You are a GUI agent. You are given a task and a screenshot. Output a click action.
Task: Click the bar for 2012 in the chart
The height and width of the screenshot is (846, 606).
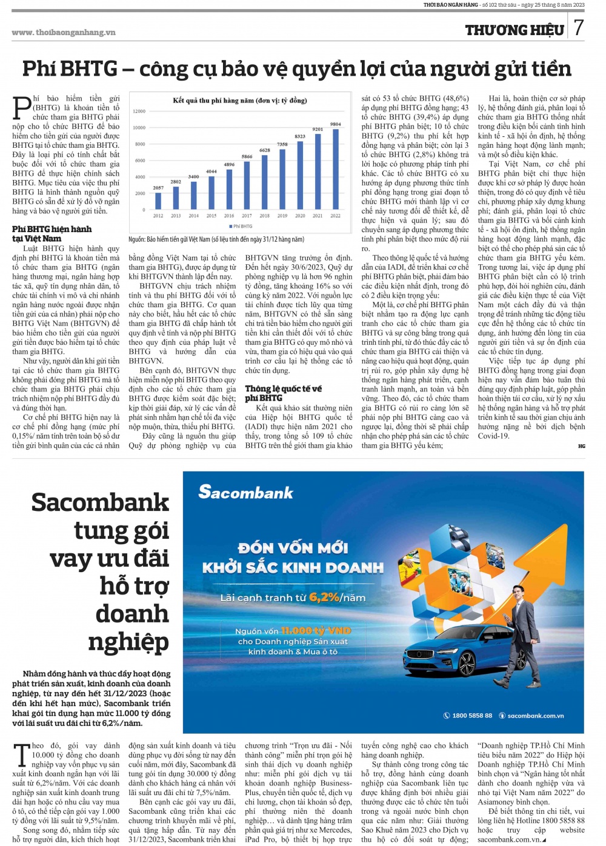158,201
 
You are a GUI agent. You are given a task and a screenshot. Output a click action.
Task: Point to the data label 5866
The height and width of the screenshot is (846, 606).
247,156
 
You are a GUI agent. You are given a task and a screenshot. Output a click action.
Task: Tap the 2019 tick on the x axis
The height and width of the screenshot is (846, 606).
282,216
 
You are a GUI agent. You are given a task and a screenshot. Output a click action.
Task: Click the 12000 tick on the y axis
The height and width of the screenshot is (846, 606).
139,112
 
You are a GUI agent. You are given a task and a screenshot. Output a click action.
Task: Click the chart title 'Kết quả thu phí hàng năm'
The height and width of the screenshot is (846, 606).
239,101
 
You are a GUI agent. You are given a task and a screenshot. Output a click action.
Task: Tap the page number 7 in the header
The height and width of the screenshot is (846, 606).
579,27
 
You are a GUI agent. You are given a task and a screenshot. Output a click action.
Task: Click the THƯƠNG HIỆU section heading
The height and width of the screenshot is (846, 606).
514,30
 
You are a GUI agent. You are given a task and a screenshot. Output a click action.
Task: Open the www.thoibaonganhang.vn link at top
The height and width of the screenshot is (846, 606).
64,32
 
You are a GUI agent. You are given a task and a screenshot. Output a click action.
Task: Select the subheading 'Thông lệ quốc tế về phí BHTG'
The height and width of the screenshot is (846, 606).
283,393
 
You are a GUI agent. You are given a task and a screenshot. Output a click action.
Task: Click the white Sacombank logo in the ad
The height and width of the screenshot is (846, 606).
245,492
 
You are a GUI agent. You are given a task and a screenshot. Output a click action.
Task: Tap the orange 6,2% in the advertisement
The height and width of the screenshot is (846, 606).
324,597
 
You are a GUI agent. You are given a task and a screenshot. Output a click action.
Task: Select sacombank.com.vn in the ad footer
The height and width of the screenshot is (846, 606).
536,716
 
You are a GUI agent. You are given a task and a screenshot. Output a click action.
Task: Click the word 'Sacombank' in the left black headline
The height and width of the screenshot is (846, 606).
100,502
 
